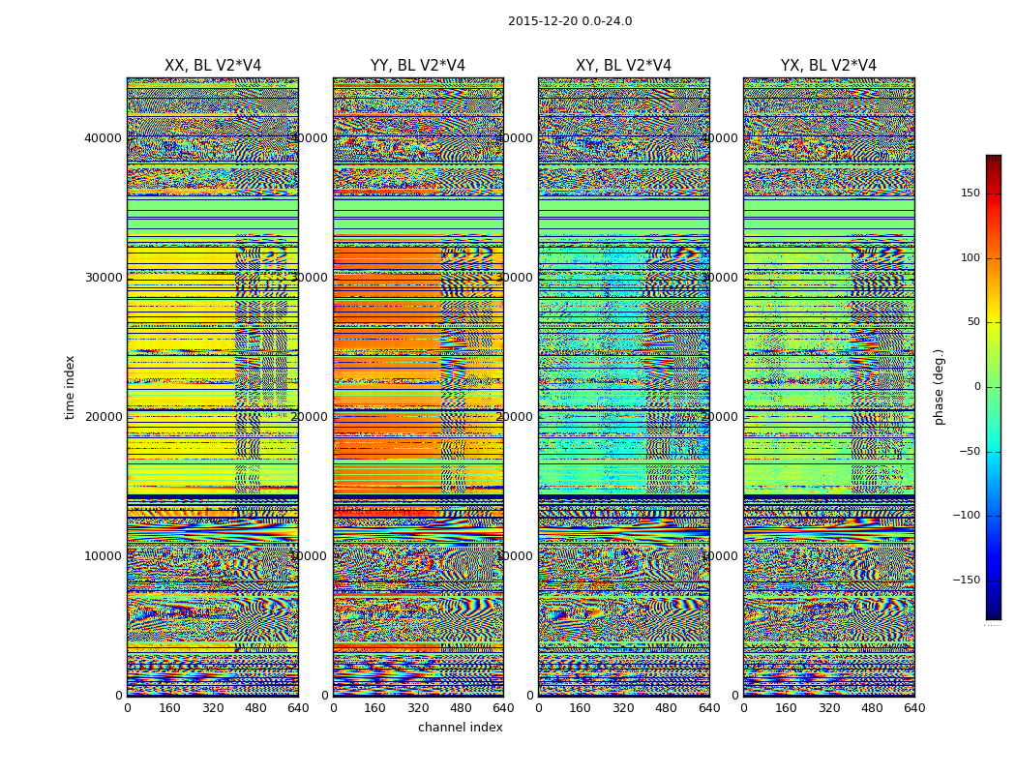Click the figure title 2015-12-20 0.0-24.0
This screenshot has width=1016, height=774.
point(570,21)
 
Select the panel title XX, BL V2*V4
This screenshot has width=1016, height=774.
point(213,66)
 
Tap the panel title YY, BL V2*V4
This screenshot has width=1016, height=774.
point(418,66)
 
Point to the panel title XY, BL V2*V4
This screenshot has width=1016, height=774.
point(623,66)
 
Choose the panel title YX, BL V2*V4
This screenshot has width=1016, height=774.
point(828,66)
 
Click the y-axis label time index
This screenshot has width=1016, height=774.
point(70,386)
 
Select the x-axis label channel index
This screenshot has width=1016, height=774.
point(461,728)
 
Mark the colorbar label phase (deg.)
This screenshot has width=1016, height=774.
point(939,387)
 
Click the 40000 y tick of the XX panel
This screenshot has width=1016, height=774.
point(103,138)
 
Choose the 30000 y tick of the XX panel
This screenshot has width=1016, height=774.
point(103,278)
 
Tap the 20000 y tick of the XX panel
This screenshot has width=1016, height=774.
point(103,417)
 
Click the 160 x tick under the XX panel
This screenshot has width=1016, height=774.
point(169,708)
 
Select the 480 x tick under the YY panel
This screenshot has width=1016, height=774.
point(461,708)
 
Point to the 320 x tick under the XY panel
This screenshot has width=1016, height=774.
point(623,708)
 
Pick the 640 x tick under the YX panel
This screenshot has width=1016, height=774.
point(914,708)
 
